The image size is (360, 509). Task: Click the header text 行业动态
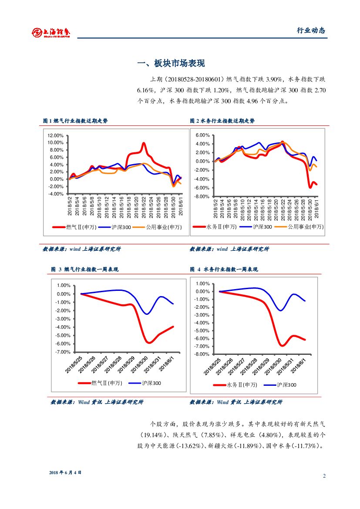pos(311,30)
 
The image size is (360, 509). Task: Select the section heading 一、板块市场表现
pos(171,64)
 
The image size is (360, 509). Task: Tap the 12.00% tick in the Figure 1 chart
pos(56,135)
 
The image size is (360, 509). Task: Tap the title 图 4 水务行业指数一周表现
pos(224,270)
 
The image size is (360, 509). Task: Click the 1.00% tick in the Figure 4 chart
pos(202,284)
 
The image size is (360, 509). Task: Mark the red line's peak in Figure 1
pos(144,143)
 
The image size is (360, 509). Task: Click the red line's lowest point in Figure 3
pos(149,343)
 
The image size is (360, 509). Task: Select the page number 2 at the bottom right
pos(324,475)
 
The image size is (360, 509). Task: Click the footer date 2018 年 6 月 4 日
pos(65,472)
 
